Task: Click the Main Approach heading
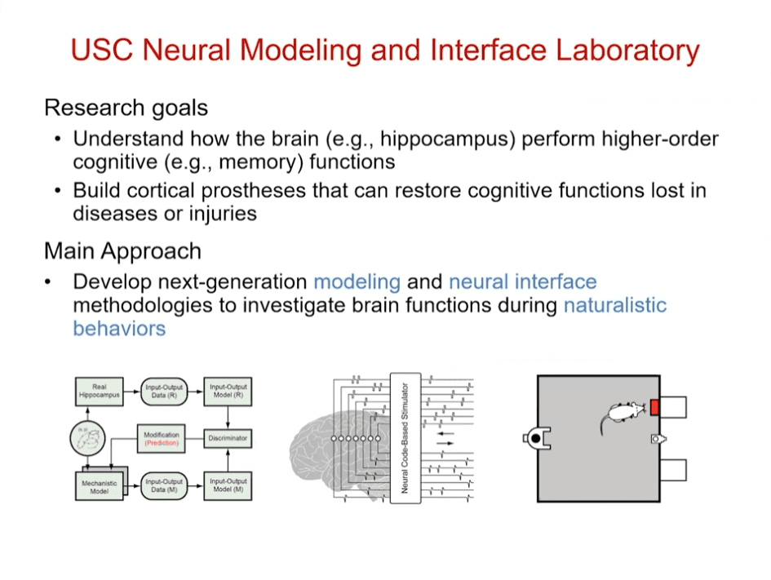pyautogui.click(x=122, y=250)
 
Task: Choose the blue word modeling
pyautogui.click(x=357, y=282)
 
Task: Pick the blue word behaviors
pyautogui.click(x=119, y=328)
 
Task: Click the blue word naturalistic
pyautogui.click(x=615, y=305)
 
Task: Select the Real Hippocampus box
pyautogui.click(x=99, y=392)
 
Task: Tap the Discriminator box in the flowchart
pyautogui.click(x=228, y=438)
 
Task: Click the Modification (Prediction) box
pyautogui.click(x=162, y=438)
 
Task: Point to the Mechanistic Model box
pyautogui.click(x=99, y=486)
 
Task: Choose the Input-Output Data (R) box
pyautogui.click(x=162, y=392)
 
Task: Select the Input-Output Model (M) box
pyautogui.click(x=228, y=485)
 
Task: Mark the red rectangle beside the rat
pyautogui.click(x=655, y=406)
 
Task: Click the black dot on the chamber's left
pyautogui.click(x=535, y=439)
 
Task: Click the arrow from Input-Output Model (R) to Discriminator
pyautogui.click(x=228, y=417)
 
